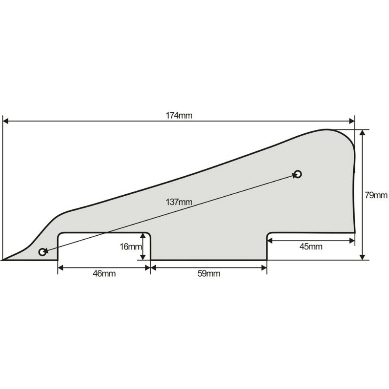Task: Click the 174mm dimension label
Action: coord(179,116)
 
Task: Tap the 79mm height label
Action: coord(376,196)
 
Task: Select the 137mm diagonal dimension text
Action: coord(179,202)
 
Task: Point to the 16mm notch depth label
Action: coord(131,247)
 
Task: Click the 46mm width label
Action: coord(104,273)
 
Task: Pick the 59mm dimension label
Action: coord(209,273)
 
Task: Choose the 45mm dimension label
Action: coord(311,247)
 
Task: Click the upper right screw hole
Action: coord(298,174)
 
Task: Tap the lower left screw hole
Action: coord(43,252)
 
